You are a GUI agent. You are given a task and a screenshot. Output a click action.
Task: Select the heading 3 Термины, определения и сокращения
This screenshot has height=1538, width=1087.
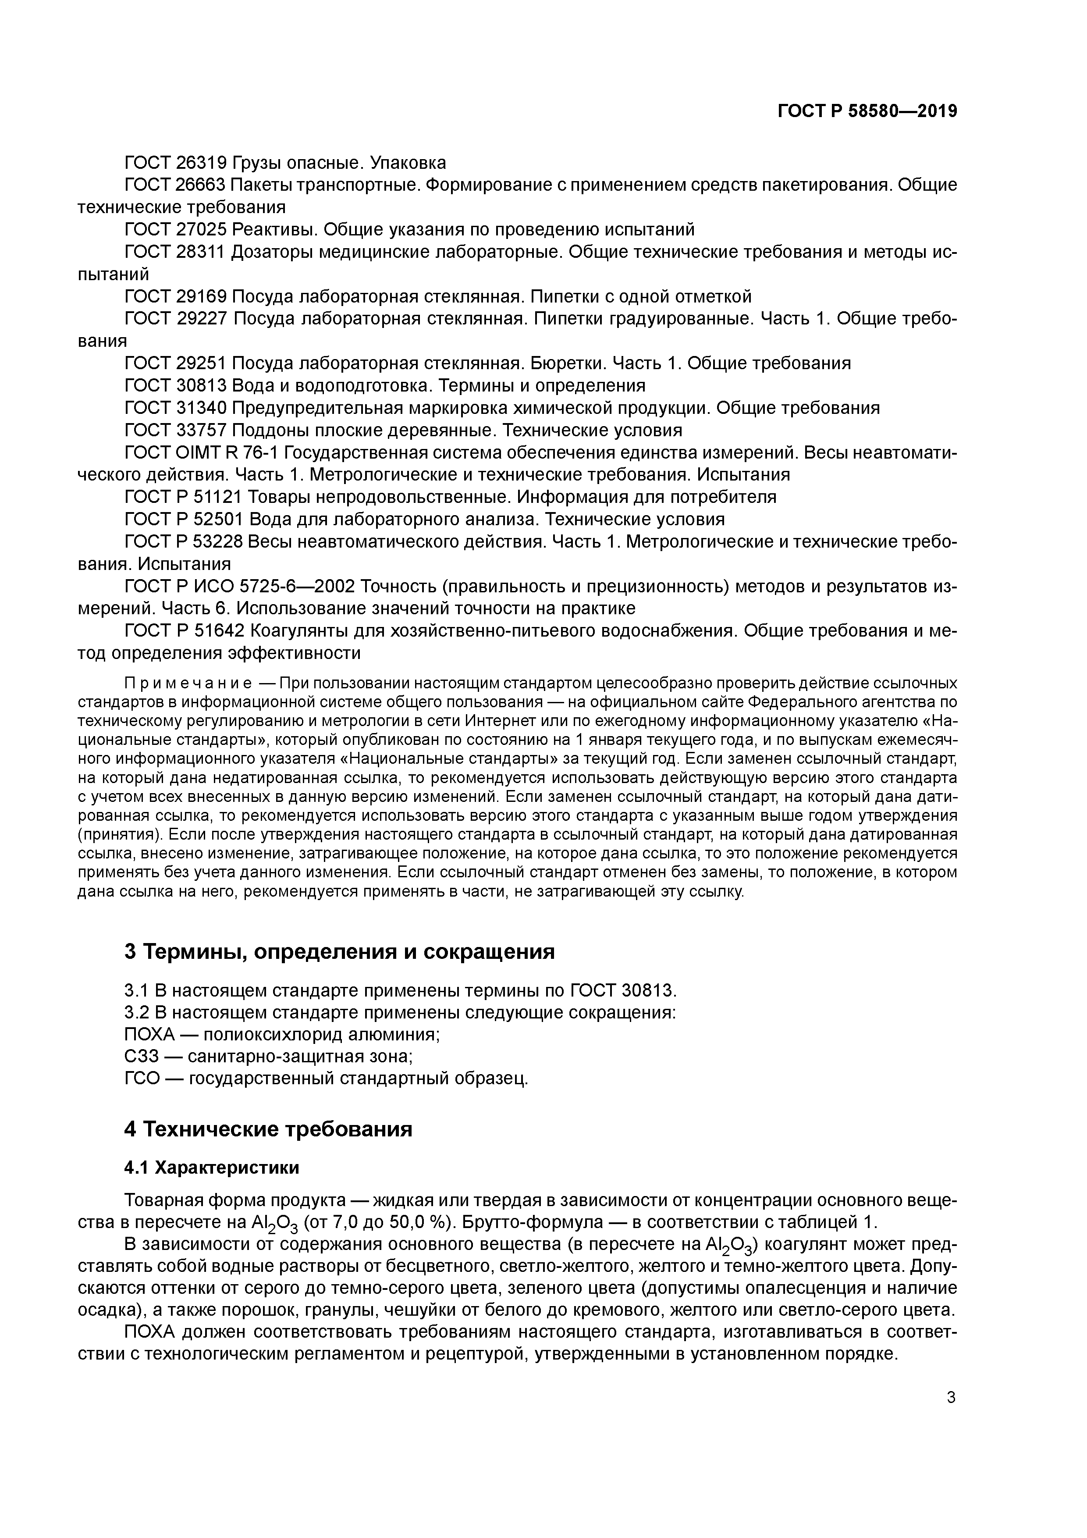point(340,951)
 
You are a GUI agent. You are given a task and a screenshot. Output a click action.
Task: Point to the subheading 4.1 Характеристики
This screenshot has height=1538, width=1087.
point(212,1168)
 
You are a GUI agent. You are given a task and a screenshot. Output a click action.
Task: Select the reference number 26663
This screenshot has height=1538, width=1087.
point(201,185)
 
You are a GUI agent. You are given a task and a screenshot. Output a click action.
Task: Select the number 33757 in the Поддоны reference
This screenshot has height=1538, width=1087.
point(201,430)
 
